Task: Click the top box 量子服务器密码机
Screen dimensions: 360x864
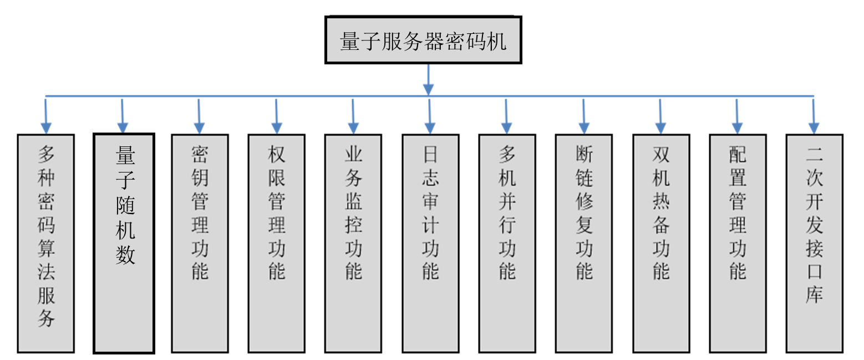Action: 423,40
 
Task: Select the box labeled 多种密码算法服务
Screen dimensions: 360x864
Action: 46,243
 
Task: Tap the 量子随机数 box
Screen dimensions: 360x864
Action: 124,243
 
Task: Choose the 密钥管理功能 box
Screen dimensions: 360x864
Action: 200,243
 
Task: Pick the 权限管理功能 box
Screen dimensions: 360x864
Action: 276,243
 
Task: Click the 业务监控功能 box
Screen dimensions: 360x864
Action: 353,243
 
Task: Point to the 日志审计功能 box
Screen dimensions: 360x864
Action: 430,243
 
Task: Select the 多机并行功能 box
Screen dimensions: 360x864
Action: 507,243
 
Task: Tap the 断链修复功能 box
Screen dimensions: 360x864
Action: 584,243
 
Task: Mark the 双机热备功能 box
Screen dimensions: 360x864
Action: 660,243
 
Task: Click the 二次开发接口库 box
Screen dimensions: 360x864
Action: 814,243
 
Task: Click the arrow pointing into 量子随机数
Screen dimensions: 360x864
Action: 123,116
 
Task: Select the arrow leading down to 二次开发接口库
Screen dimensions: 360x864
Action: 814,116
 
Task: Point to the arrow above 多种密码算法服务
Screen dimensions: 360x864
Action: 45,116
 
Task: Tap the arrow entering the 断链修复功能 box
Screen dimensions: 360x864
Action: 583,116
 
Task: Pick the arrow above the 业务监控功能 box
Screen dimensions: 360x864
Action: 353,116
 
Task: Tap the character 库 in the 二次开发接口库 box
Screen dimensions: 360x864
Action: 814,294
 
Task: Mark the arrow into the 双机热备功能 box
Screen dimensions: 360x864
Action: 660,116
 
